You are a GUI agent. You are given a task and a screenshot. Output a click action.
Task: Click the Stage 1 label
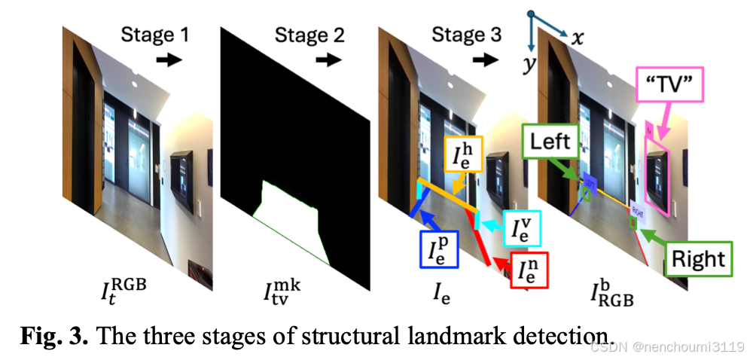coord(155,35)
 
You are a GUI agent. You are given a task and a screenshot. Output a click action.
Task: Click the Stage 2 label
coord(309,35)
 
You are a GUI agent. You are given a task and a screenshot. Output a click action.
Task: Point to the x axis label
coord(578,38)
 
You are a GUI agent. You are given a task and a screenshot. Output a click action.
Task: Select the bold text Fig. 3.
coord(57,334)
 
